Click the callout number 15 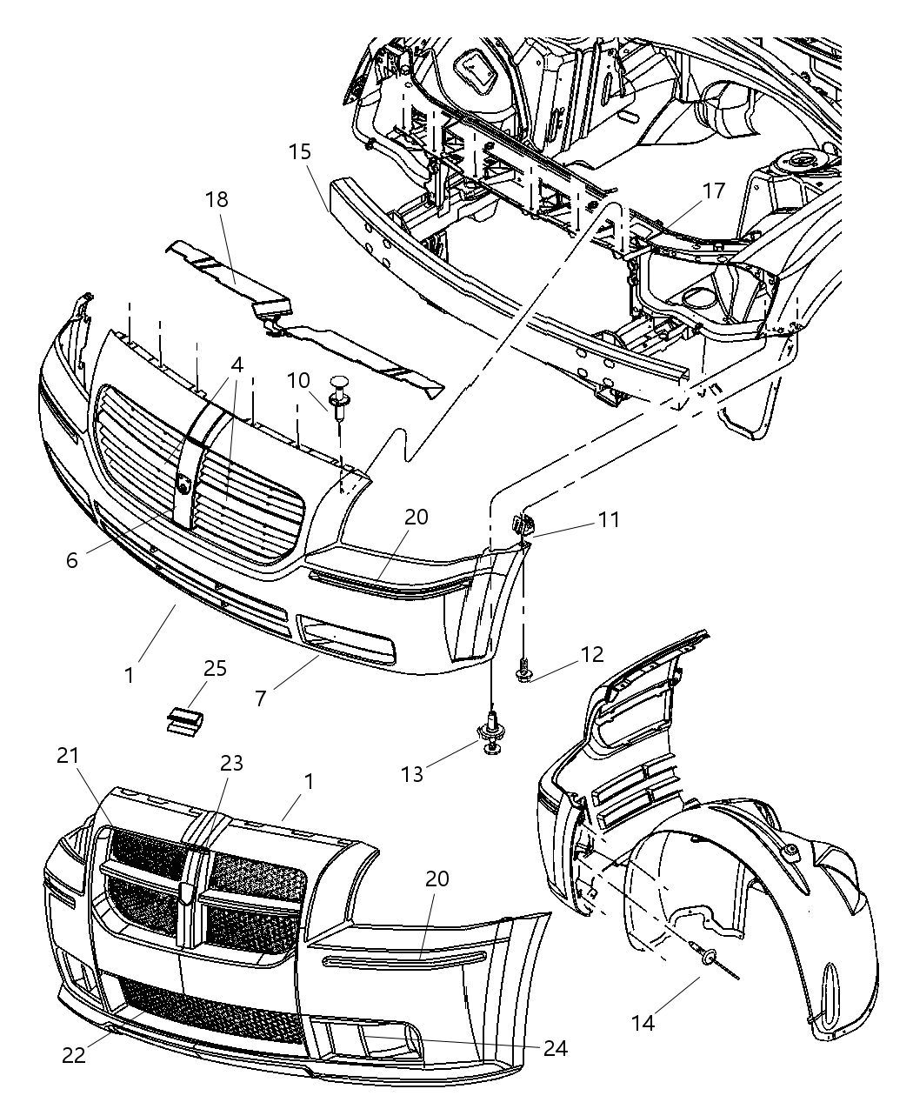[x=299, y=152]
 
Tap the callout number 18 [x=217, y=199]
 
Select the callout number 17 [x=713, y=191]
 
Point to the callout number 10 [x=297, y=381]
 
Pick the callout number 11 [x=609, y=519]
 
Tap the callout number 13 [x=412, y=772]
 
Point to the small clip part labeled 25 [x=183, y=719]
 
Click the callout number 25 [x=215, y=668]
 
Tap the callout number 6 [x=72, y=560]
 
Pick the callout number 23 [x=231, y=763]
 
